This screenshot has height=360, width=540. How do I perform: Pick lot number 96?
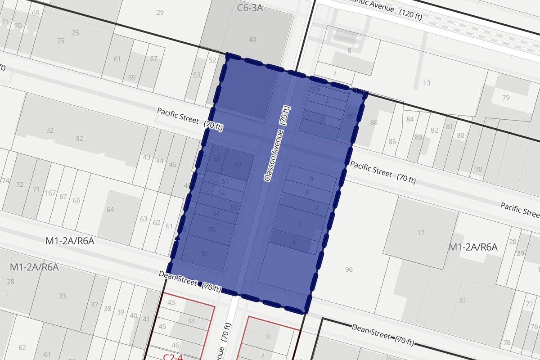click(349, 270)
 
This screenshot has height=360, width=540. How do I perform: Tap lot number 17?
click(421, 233)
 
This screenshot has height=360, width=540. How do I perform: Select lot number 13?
click(427, 83)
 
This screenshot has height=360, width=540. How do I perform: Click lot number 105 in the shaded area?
click(315, 89)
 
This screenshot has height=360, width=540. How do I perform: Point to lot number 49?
click(238, 165)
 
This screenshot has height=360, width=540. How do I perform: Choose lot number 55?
click(212, 229)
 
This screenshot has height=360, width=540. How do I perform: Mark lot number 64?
click(110, 210)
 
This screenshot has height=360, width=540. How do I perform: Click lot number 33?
click(62, 296)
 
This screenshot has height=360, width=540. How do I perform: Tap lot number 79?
click(506, 98)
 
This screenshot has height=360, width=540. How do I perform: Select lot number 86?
click(373, 122)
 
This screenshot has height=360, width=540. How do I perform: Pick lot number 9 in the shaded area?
click(311, 179)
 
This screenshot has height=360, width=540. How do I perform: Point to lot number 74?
click(5, 180)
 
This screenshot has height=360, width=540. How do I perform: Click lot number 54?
click(216, 213)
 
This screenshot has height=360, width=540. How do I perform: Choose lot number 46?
click(163, 346)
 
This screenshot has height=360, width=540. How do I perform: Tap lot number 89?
click(351, 116)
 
